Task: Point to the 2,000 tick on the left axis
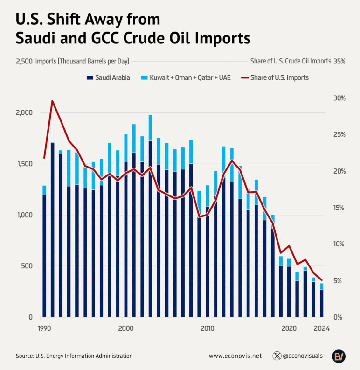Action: (23, 113)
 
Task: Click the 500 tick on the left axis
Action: (26, 266)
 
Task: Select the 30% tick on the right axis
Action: (339, 98)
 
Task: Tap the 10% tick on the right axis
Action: (339, 244)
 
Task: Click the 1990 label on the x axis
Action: (44, 328)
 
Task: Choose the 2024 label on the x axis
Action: (322, 328)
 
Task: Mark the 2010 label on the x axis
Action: (207, 328)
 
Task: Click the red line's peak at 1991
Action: (52, 101)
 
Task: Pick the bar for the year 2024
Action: (322, 303)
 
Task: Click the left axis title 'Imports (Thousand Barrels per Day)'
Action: (82, 61)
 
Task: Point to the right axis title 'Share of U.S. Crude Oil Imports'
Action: (291, 61)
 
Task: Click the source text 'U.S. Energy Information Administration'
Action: (84, 356)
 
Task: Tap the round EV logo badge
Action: (339, 356)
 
